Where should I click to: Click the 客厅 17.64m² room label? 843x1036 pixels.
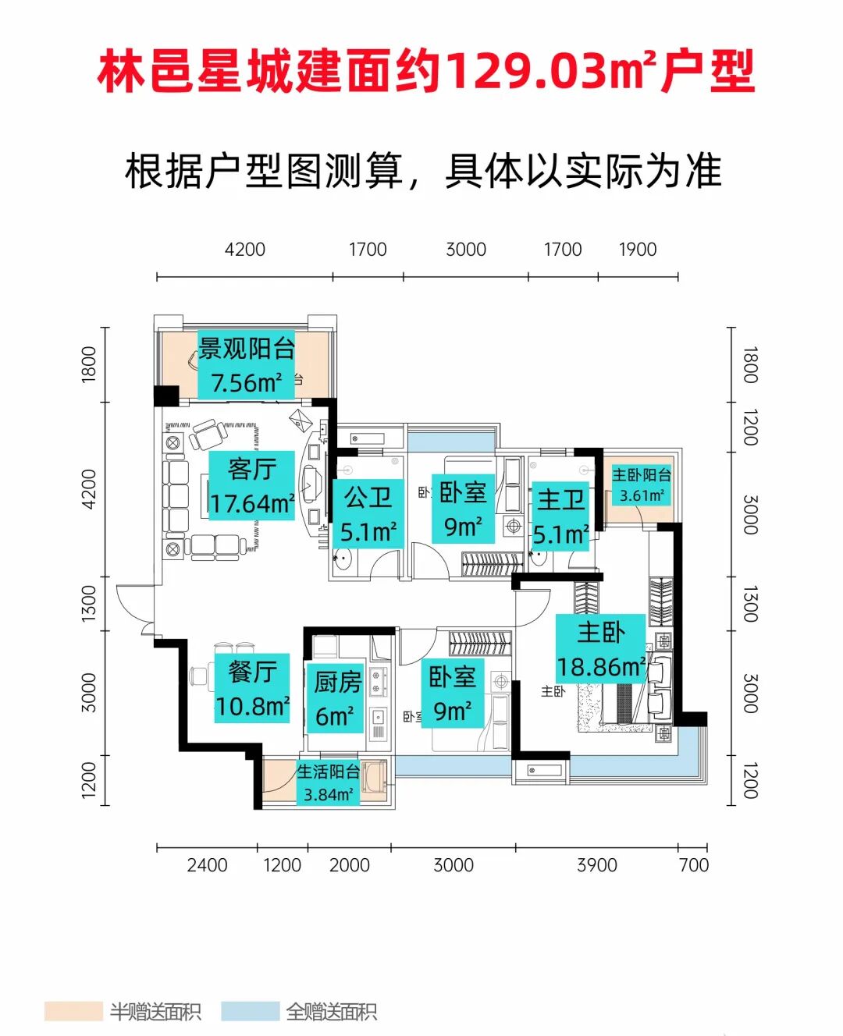pos(251,486)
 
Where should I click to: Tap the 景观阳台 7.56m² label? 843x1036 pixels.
pos(246,365)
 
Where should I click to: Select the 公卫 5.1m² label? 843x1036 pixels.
pos(368,514)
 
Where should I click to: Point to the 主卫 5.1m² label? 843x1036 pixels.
pos(560,516)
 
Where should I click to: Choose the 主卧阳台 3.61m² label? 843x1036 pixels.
pos(641,484)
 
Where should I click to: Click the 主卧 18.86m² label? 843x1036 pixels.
pos(600,649)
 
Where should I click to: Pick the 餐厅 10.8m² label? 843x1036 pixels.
pos(252,688)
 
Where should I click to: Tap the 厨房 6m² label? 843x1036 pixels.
pos(336,698)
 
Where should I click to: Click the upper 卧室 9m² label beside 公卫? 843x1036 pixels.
pos(463,509)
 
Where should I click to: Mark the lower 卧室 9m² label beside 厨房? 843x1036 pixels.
pos(452,694)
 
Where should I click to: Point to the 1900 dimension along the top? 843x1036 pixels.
pos(637,250)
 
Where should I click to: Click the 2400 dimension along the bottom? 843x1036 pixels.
pos(207,865)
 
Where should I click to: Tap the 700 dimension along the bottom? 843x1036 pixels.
pos(693,865)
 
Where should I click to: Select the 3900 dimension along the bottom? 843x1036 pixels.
pos(596,865)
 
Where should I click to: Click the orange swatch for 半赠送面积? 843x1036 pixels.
pos(73,1012)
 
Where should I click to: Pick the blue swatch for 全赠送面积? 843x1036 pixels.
pos(250,1012)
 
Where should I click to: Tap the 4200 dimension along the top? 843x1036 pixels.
pos(244,250)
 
